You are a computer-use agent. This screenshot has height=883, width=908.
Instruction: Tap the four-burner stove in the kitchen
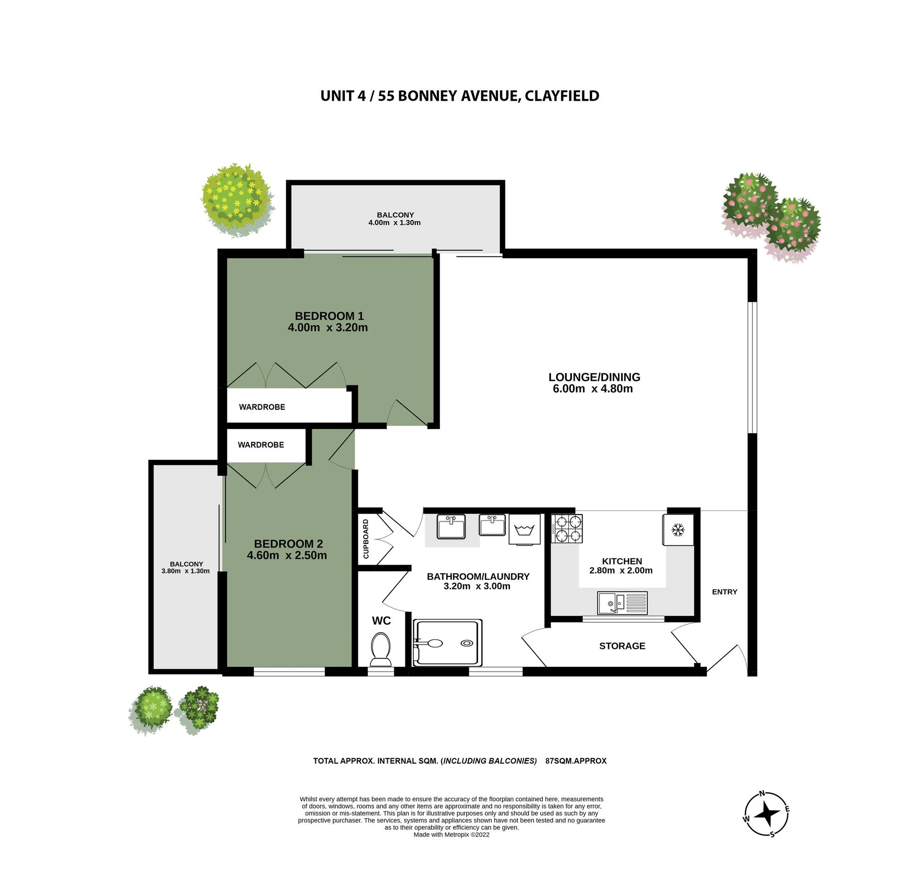[567, 528]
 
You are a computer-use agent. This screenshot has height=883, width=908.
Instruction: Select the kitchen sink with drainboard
[622, 603]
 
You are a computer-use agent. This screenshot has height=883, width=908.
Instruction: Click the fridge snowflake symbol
[678, 530]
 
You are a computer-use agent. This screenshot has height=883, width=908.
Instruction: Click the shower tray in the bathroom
[448, 643]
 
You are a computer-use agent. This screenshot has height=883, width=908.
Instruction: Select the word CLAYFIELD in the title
[561, 96]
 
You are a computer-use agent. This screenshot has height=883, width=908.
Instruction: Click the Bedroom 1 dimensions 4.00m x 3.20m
[328, 327]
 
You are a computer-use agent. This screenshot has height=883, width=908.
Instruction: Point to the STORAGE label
[622, 646]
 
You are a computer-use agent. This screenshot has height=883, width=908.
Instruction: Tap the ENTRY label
[725, 592]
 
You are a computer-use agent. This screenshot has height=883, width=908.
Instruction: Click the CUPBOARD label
[366, 539]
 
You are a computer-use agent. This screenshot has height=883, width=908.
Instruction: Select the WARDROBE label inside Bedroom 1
[262, 407]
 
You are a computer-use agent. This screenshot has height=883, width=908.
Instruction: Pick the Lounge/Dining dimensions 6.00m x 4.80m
[593, 389]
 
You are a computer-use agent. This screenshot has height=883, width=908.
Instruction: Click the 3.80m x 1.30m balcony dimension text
[185, 571]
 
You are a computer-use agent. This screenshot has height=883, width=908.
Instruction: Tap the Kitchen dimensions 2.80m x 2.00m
[621, 570]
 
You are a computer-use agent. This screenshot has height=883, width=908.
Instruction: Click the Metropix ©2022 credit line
[452, 848]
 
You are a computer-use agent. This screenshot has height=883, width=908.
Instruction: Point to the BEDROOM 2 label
[288, 544]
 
